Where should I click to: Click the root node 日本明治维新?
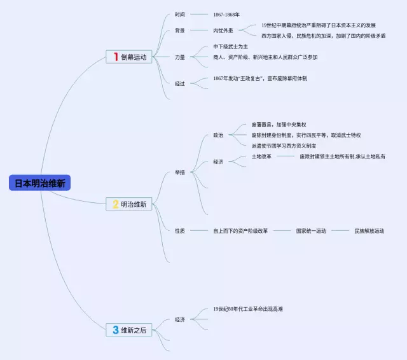39,183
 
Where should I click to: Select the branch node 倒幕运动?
134,57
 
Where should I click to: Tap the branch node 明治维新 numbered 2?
134,204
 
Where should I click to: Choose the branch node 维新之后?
134,330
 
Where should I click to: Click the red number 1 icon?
116,57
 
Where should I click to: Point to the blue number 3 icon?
116,330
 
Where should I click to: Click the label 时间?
180,14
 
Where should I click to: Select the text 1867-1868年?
226,14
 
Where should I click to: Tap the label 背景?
180,30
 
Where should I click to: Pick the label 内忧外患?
223,30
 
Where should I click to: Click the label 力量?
180,57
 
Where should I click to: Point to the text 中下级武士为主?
230,46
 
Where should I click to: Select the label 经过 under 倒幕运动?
180,83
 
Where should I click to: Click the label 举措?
180,172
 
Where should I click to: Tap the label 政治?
218,135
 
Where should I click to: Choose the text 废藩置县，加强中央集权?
279,125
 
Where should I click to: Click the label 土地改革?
261,156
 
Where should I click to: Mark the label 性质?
180,231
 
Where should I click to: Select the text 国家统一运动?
311,231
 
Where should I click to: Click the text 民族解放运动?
369,231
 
